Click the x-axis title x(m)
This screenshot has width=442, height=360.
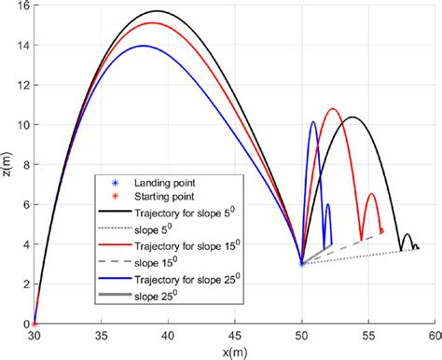[x=234, y=350]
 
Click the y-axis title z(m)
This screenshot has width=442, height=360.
[x=8, y=165]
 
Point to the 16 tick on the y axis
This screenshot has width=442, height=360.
[x=21, y=6]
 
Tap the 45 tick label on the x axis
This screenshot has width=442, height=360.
[x=235, y=334]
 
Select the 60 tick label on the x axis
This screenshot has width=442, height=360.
[x=434, y=334]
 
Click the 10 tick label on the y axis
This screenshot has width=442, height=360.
[x=21, y=125]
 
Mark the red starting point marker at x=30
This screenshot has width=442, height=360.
[x=35, y=323]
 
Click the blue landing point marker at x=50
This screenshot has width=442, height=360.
[x=301, y=264]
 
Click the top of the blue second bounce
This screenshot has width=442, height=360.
[x=313, y=121]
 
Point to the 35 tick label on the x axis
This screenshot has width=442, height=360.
[x=102, y=334]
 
